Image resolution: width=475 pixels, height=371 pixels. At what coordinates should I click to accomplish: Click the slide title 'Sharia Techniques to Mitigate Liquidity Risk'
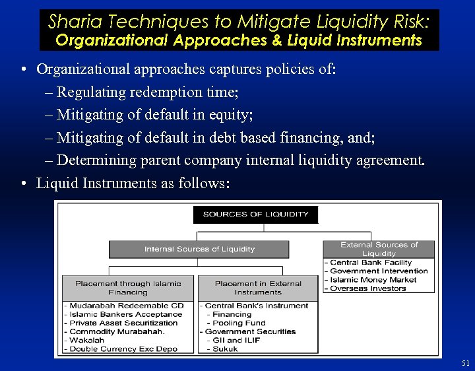(238, 21)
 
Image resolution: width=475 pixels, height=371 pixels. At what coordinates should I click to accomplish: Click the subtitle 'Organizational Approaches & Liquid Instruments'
(238, 40)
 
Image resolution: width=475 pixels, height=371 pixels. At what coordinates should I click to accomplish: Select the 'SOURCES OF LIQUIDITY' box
(255, 214)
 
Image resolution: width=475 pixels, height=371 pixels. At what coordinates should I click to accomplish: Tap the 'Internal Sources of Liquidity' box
(199, 249)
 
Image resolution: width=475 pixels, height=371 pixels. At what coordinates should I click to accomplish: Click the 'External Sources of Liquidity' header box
(379, 249)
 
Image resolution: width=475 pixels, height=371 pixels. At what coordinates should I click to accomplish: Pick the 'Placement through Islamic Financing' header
(128, 288)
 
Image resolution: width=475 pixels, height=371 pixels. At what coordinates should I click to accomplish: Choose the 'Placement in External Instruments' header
(257, 288)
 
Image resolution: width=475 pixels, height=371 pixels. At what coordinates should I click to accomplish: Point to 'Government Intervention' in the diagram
(378, 271)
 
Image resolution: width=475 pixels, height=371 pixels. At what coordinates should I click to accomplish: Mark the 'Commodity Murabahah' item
(117, 331)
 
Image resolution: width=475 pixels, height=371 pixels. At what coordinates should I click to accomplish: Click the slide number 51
(466, 363)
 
